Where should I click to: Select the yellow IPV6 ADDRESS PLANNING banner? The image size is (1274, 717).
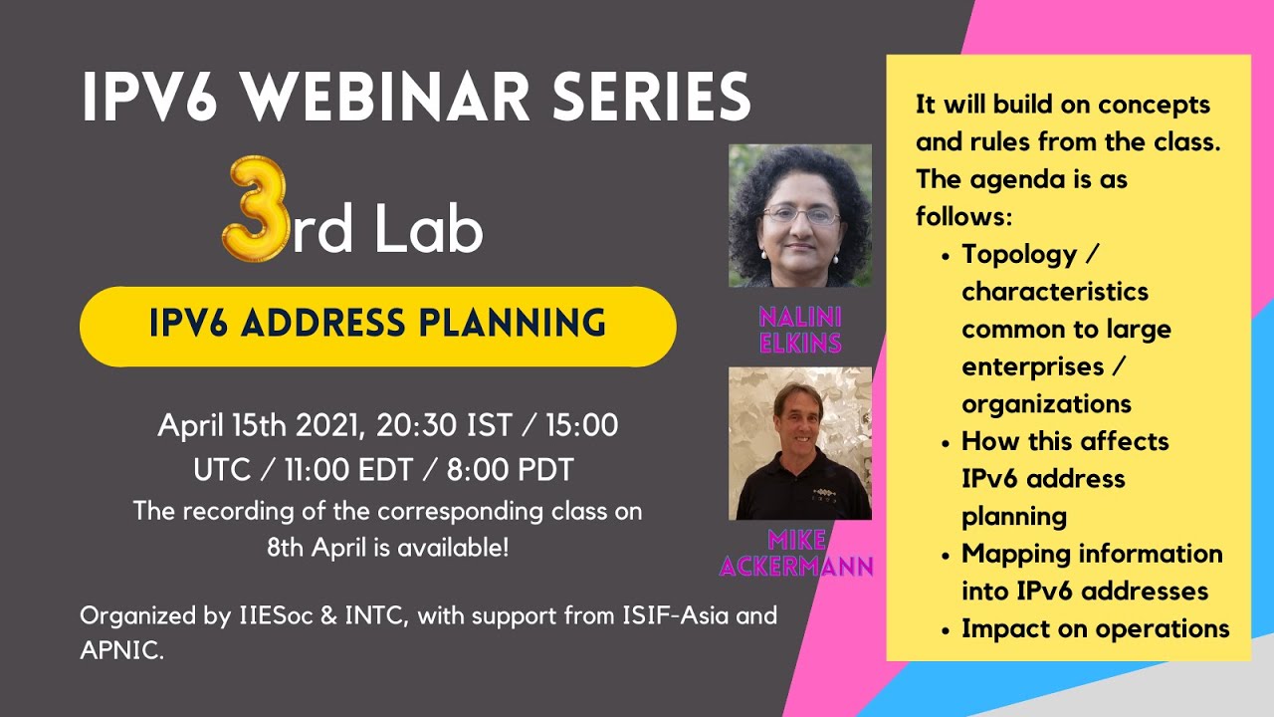[378, 326]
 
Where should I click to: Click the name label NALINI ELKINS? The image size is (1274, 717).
[800, 330]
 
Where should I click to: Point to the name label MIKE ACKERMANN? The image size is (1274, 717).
[796, 553]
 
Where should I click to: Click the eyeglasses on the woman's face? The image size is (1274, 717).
[801, 215]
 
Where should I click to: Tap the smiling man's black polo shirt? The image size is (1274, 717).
[803, 487]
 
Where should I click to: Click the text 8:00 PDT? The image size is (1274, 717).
[510, 470]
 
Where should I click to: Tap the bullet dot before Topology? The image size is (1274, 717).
[946, 257]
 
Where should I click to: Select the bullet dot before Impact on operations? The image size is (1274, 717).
[946, 631]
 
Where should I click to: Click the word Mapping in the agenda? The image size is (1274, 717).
[1004, 555]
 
